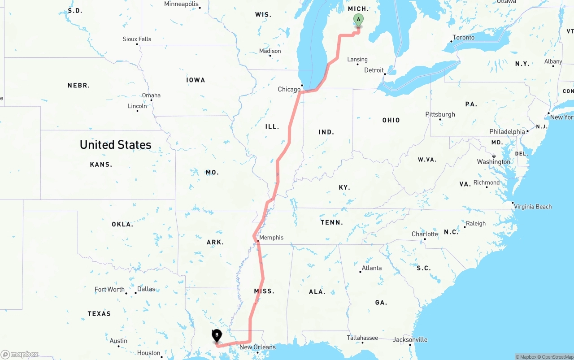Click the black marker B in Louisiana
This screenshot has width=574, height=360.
pos(217,335)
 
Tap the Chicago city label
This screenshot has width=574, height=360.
pos(289,89)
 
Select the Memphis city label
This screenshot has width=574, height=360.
pos(271,238)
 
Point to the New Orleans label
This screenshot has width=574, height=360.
pos(257,347)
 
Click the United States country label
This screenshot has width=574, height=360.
pos(116,145)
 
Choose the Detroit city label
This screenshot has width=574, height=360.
pos(374,70)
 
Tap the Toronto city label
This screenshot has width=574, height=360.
pos(463,38)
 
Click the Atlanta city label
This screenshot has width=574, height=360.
pos(372,268)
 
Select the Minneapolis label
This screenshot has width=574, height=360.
pos(181,4)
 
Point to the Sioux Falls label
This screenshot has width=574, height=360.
pos(137,39)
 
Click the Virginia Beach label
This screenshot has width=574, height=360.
pos(533,207)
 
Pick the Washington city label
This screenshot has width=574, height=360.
pos(493,162)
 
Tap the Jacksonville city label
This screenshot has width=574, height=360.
pos(410,340)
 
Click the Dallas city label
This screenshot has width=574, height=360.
pos(146,289)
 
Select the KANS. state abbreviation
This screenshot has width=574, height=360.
pos(101,165)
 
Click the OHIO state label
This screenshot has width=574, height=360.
pos(391,120)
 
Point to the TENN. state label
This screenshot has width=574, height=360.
pos(332,222)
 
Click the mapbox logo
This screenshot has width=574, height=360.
pos(20,355)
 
